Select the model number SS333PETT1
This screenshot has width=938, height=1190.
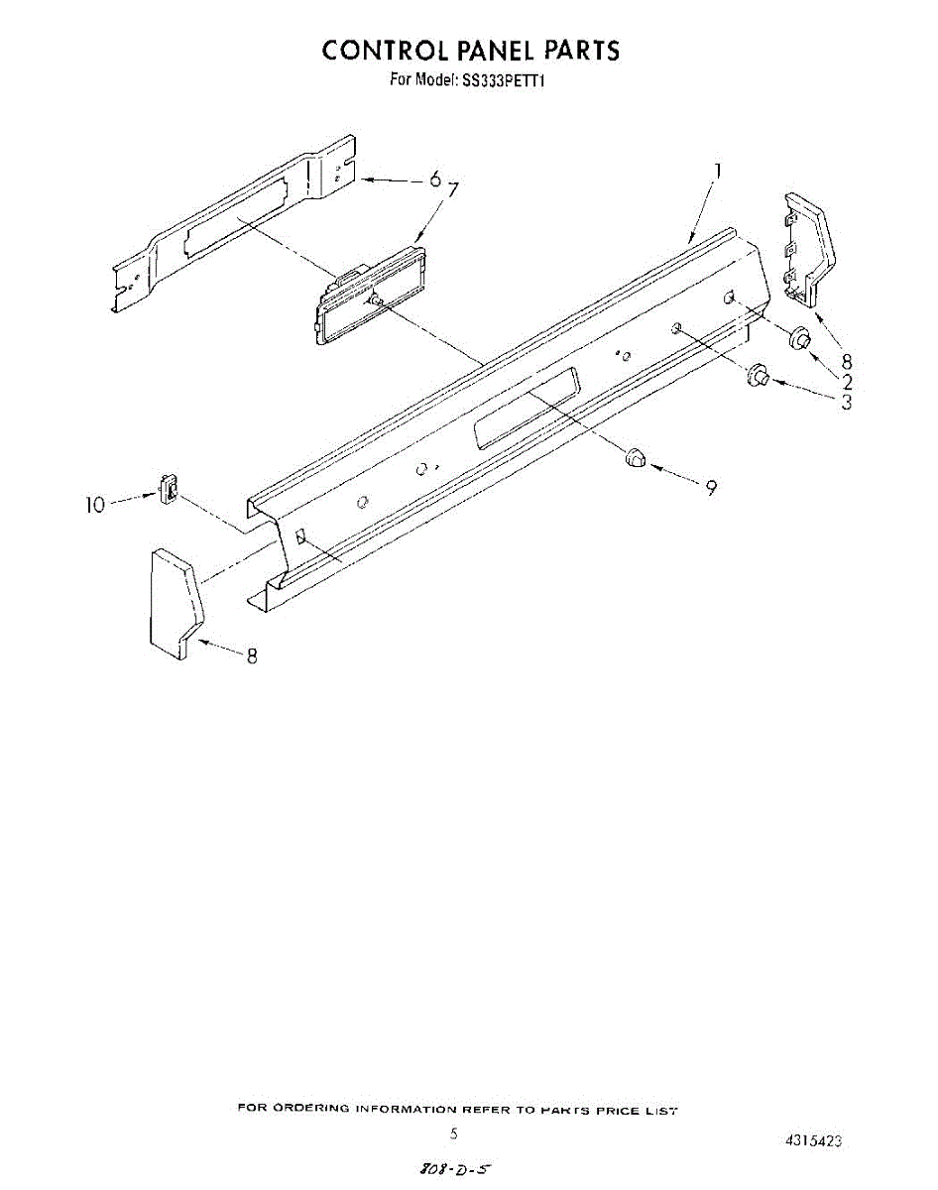(x=505, y=81)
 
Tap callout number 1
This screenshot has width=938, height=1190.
(x=718, y=172)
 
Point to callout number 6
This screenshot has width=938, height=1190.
(x=434, y=179)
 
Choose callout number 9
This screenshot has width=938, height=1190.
(x=711, y=487)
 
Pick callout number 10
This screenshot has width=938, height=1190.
(x=94, y=505)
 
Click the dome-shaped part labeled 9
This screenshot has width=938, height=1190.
(x=635, y=457)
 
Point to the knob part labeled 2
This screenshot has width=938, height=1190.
(x=798, y=340)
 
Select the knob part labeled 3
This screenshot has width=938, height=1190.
(x=759, y=375)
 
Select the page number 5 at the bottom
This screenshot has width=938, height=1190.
(x=454, y=1133)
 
